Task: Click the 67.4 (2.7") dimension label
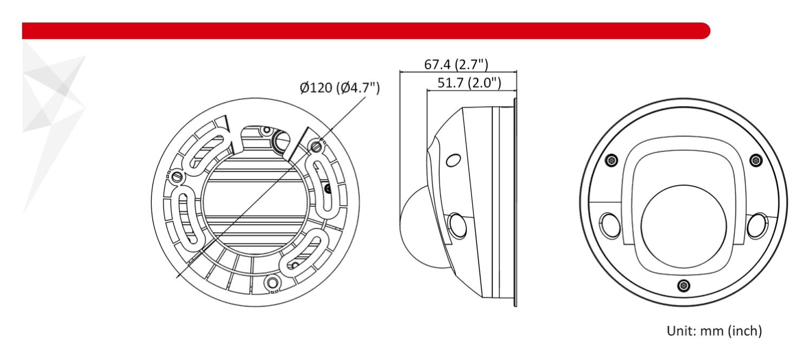point(456,65)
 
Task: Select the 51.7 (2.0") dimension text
point(469,83)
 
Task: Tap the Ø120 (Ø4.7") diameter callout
point(339,88)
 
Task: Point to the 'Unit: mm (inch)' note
point(714,331)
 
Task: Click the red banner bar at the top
point(366,31)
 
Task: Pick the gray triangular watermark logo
point(54,127)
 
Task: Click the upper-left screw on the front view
point(611,160)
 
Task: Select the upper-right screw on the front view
point(756,160)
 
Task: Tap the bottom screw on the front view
point(683,285)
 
